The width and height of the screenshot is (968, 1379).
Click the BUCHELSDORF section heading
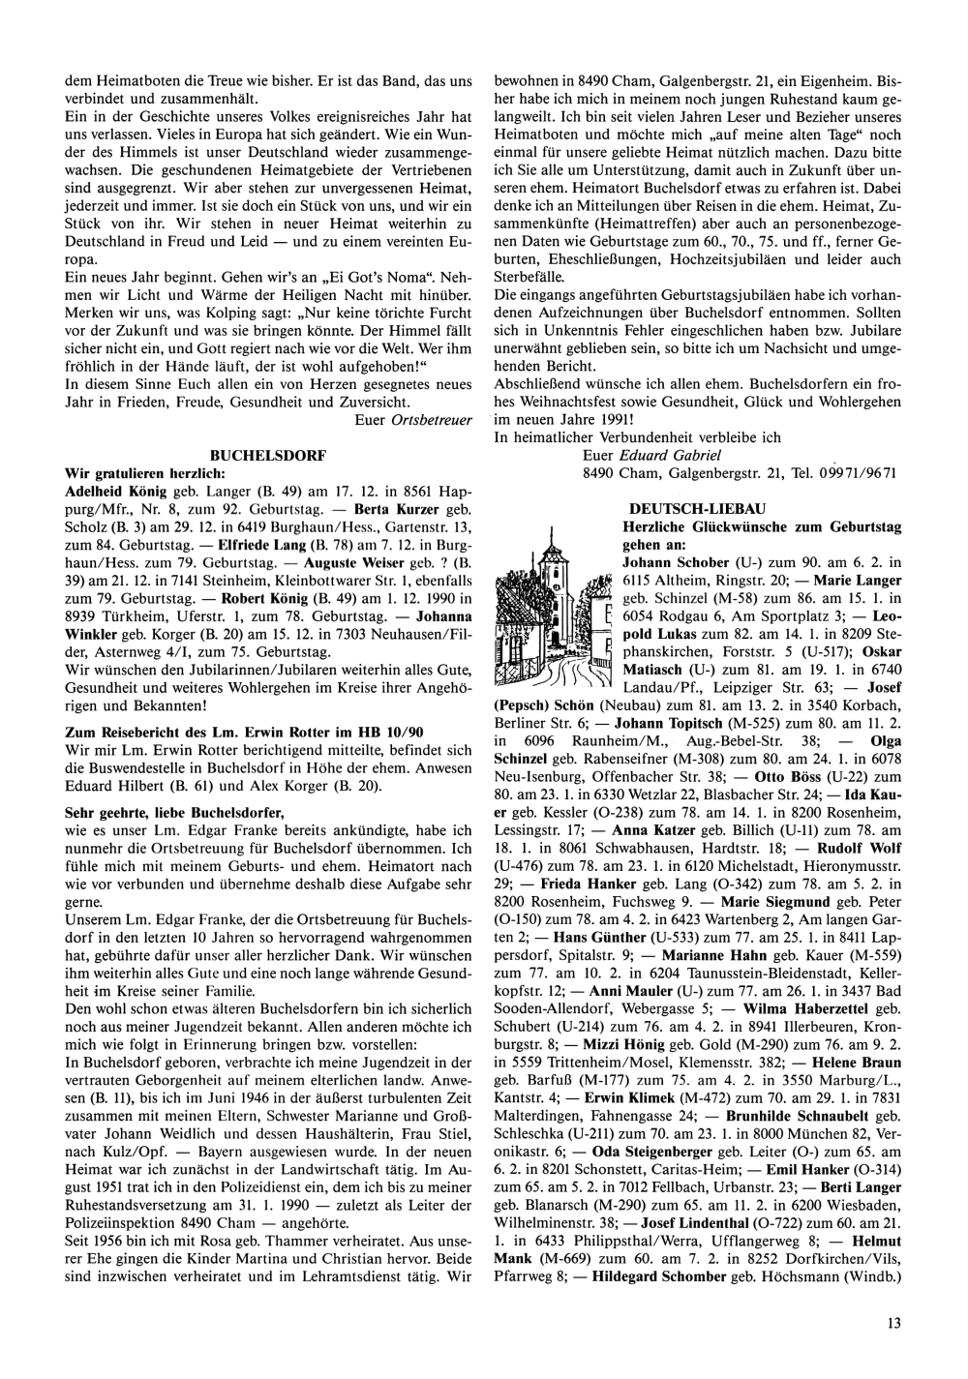pos(268,454)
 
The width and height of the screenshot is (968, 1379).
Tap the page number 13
pos(892,1321)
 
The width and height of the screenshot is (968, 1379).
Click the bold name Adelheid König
pos(103,492)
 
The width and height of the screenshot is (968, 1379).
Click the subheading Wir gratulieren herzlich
pos(144,473)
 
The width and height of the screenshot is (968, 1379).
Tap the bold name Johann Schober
pos(675,562)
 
